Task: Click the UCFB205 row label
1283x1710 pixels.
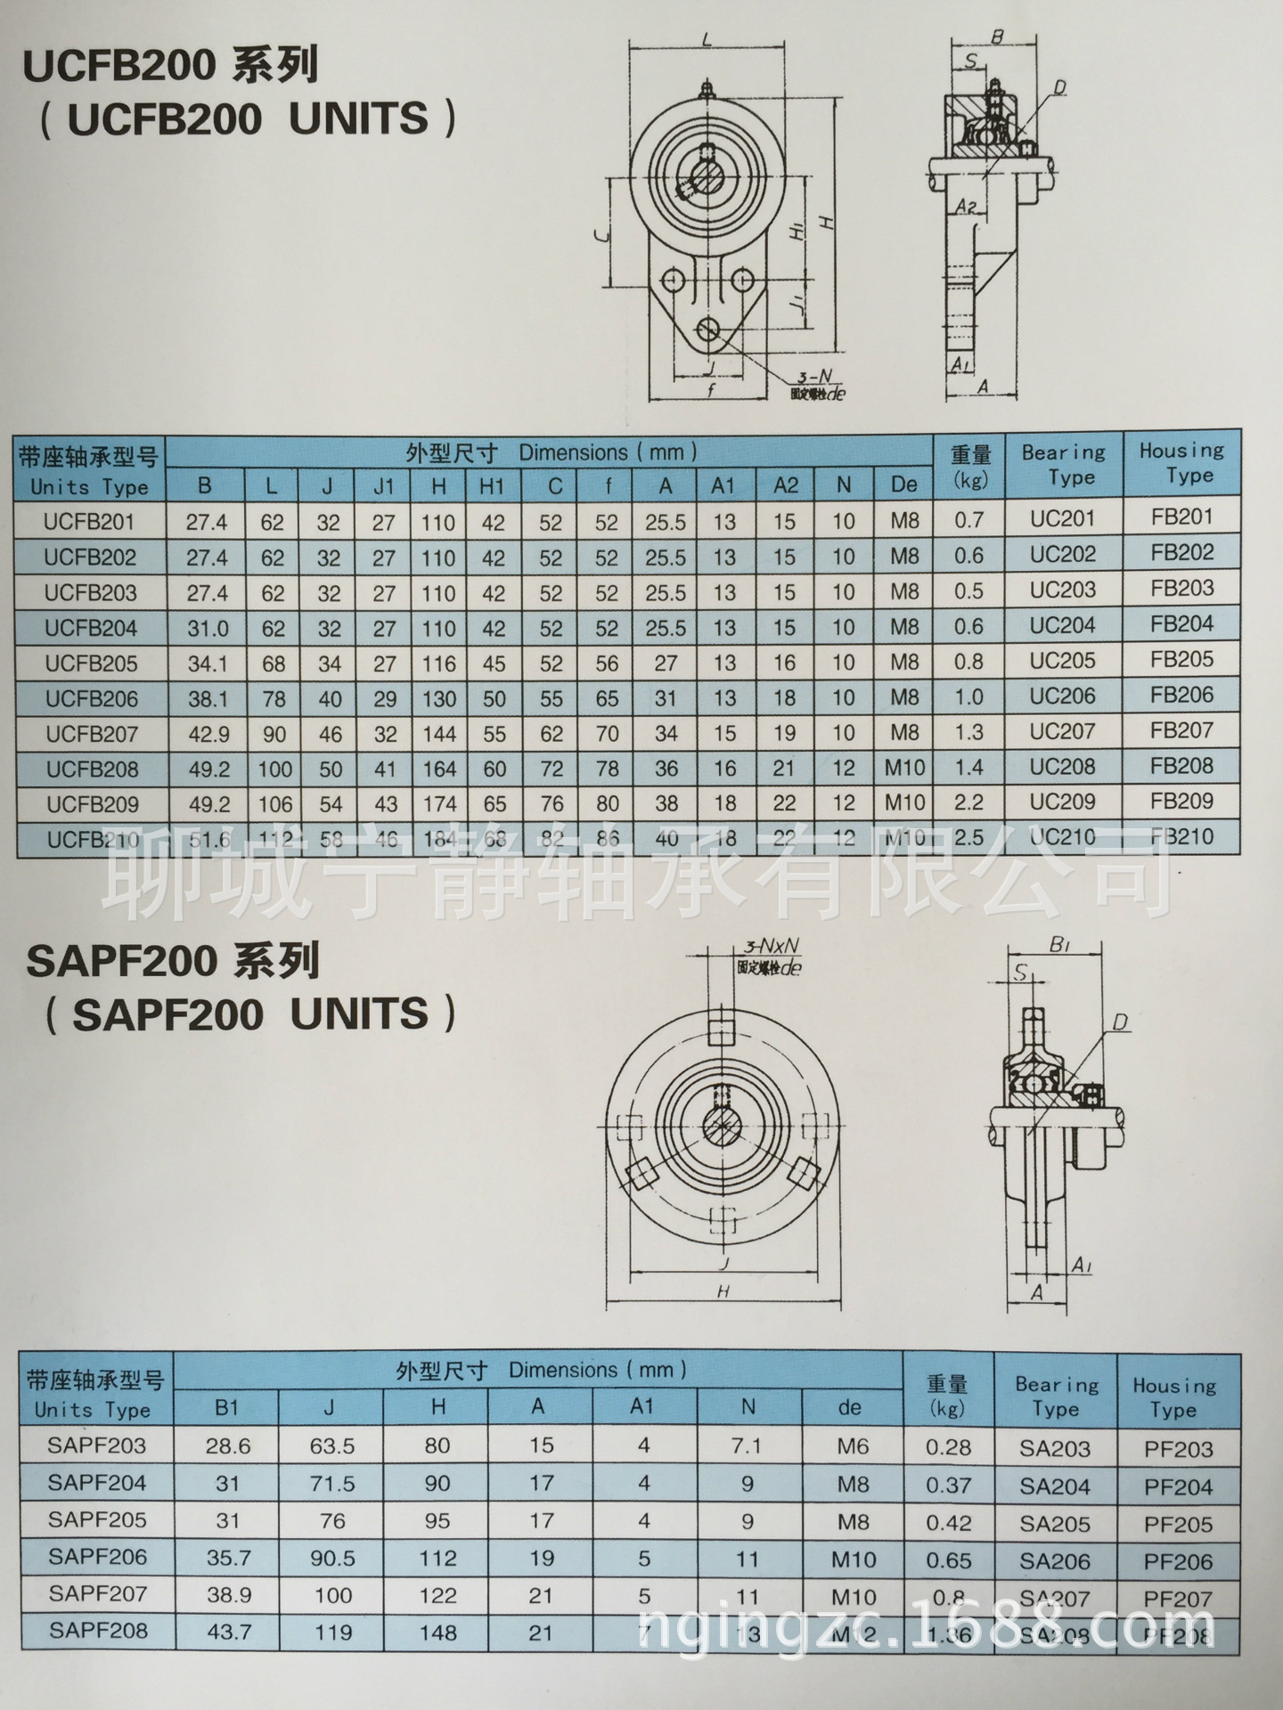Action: click(x=91, y=664)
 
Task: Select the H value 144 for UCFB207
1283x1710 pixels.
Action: click(x=439, y=734)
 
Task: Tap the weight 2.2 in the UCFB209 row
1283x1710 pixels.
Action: click(x=968, y=802)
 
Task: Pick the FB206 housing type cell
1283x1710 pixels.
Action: click(x=1181, y=695)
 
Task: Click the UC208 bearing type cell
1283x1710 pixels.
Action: click(x=1062, y=767)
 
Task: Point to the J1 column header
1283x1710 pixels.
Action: click(x=384, y=486)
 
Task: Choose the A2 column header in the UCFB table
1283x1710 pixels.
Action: click(x=785, y=485)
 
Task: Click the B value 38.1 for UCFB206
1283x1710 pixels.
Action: click(x=208, y=699)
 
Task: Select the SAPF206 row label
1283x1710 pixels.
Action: click(x=97, y=1556)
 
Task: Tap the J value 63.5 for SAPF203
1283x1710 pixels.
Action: click(x=332, y=1445)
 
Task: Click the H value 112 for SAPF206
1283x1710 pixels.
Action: click(x=437, y=1558)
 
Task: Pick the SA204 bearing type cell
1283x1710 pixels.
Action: click(x=1055, y=1486)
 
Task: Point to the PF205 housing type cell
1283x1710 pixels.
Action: click(x=1178, y=1524)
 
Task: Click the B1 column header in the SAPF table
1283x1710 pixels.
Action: click(x=227, y=1406)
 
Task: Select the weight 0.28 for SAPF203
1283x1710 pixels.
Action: click(x=948, y=1447)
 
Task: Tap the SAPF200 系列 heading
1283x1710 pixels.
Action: click(x=173, y=961)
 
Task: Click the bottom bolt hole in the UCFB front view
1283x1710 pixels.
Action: click(x=710, y=329)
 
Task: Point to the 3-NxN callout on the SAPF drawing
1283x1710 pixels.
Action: click(x=771, y=948)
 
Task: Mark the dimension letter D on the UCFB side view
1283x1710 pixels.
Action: click(x=1059, y=87)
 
